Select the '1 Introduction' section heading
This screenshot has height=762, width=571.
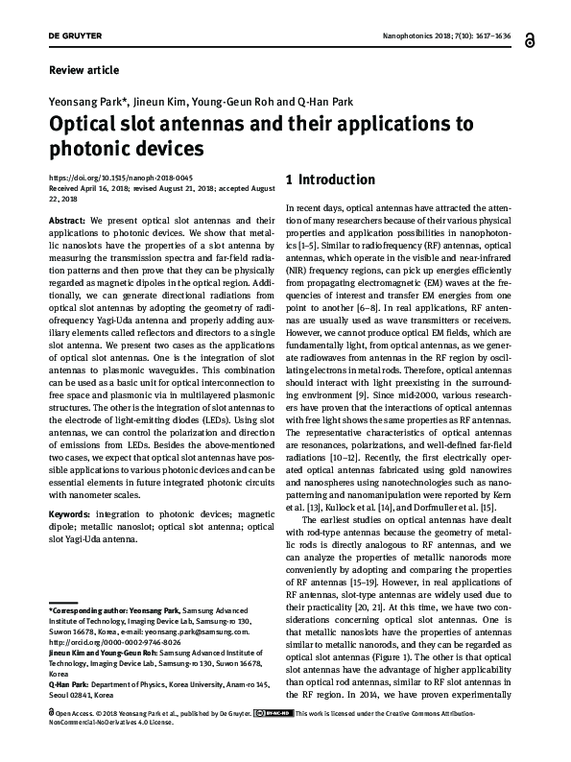point(330,179)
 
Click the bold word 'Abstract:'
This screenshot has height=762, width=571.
point(67,221)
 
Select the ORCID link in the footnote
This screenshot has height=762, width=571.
point(109,644)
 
